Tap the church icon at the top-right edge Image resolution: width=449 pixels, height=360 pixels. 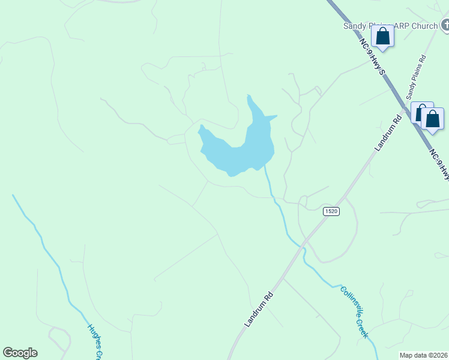[x=445, y=25]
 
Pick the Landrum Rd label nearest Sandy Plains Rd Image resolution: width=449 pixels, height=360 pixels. [x=388, y=133]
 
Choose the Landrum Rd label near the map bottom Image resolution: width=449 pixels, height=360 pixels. [x=259, y=309]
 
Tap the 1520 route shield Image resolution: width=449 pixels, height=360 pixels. [x=331, y=211]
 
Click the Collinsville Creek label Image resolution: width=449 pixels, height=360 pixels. [x=354, y=312]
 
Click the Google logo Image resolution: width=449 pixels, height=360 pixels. [x=20, y=353]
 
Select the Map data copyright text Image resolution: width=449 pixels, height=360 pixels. [x=424, y=355]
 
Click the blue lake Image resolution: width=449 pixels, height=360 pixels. [x=240, y=150]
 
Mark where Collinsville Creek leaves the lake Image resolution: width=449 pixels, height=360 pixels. [x=265, y=167]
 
